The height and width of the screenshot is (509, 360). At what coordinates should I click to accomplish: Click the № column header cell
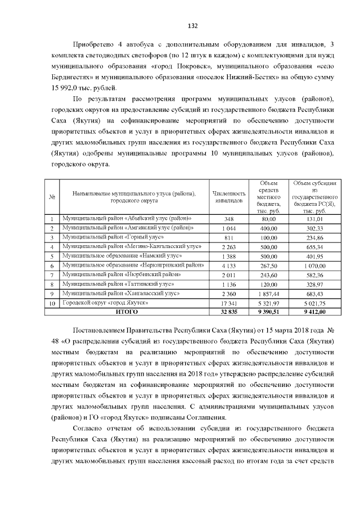click(x=52, y=196)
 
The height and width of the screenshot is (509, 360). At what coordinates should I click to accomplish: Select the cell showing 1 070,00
click(x=315, y=265)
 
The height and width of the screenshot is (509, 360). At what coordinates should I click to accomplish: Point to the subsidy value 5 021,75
click(x=315, y=303)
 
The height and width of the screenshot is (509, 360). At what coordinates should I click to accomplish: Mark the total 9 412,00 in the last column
click(x=315, y=312)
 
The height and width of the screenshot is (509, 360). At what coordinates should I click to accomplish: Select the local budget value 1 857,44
click(x=269, y=294)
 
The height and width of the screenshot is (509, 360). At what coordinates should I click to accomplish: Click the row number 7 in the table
click(x=52, y=275)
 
